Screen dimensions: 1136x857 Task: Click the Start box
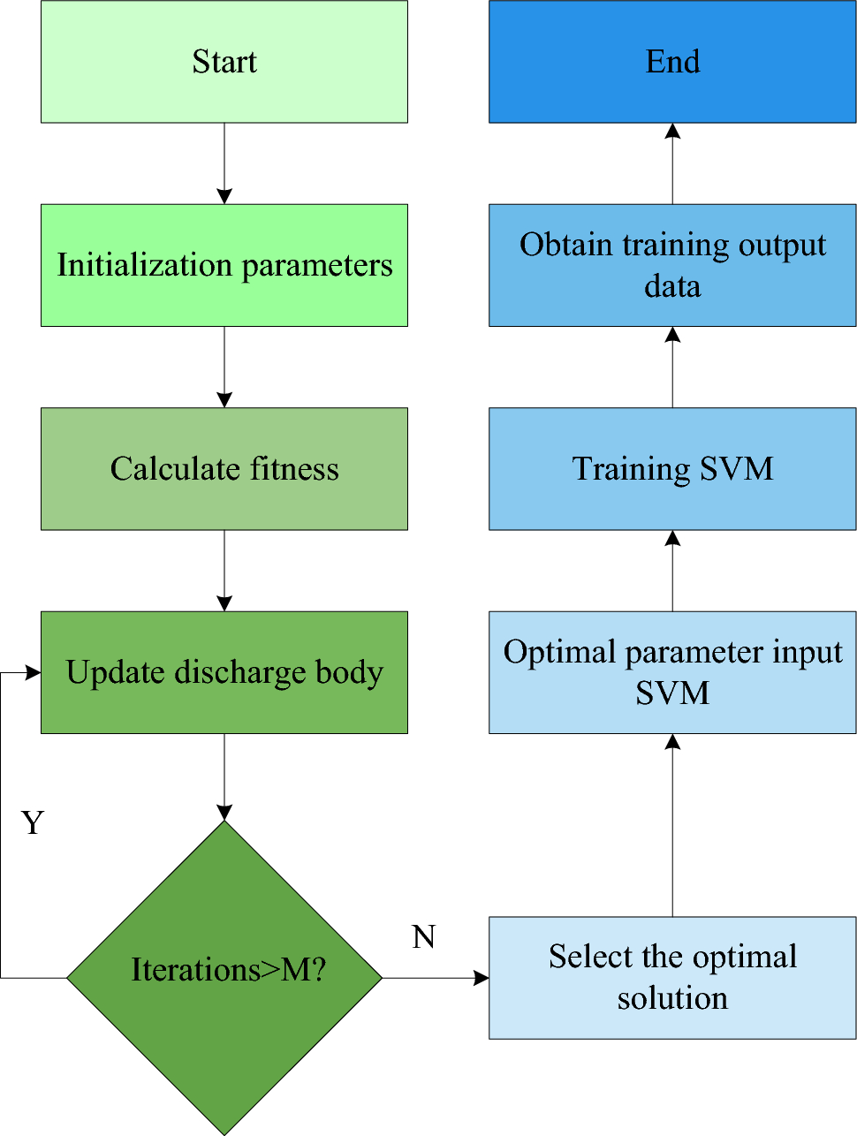point(224,62)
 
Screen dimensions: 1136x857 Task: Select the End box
point(672,62)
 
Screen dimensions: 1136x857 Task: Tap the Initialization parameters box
point(224,265)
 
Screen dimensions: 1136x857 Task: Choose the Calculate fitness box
point(224,468)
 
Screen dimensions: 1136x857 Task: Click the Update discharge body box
point(224,672)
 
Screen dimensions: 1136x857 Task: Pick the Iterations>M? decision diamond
point(224,977)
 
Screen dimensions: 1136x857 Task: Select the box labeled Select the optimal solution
point(672,977)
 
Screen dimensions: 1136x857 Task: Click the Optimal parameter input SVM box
point(672,672)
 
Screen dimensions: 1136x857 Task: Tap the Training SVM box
point(672,468)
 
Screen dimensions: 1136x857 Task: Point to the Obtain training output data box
point(672,265)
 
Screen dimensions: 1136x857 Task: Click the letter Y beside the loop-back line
point(33,822)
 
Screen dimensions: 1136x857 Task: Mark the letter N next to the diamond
point(424,936)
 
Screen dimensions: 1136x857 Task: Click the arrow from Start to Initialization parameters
point(224,163)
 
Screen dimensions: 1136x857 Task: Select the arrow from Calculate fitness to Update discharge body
point(224,571)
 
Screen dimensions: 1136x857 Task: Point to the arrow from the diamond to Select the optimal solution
point(436,978)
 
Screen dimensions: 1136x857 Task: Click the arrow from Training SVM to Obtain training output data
point(672,367)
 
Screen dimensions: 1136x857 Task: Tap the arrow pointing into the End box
point(672,163)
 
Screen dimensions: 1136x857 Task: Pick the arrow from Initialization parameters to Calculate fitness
point(224,367)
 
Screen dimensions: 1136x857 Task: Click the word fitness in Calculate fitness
point(294,468)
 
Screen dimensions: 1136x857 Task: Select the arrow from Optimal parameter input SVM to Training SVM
point(672,571)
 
